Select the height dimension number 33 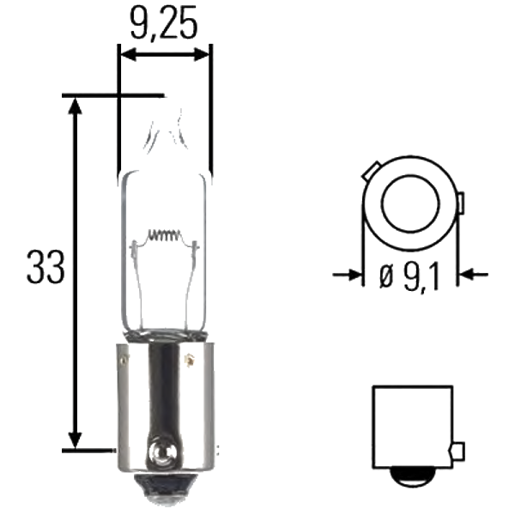coord(45,269)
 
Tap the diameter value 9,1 coord(418,276)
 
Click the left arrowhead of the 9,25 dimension coord(127,54)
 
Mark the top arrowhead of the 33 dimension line coord(76,106)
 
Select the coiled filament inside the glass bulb coord(163,234)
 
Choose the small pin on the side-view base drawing coord(457,451)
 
